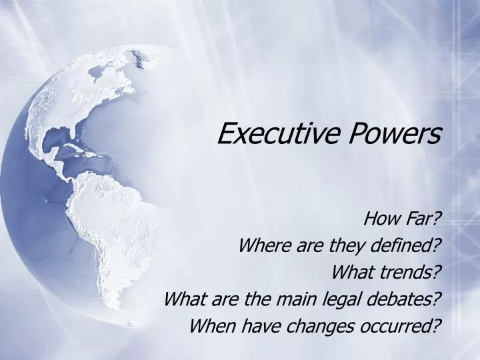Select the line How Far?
click(403, 218)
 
